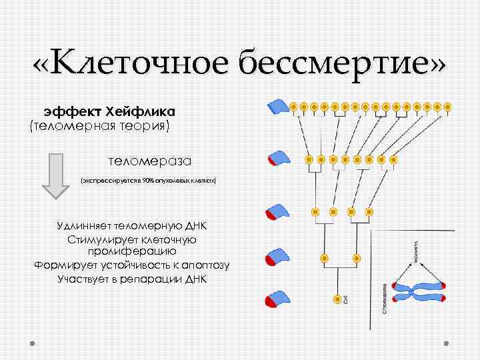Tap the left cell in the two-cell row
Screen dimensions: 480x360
coord(325,257)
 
